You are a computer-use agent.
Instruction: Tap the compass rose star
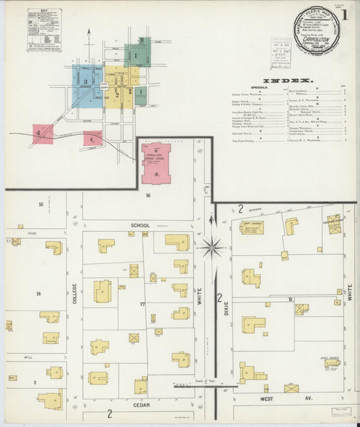click(x=212, y=248)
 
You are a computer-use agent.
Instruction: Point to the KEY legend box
click(x=44, y=30)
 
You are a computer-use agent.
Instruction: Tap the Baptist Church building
click(x=251, y=228)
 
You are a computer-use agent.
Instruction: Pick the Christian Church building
click(x=334, y=224)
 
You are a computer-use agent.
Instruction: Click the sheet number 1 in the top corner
click(x=345, y=14)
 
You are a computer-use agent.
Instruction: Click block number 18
click(x=38, y=294)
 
